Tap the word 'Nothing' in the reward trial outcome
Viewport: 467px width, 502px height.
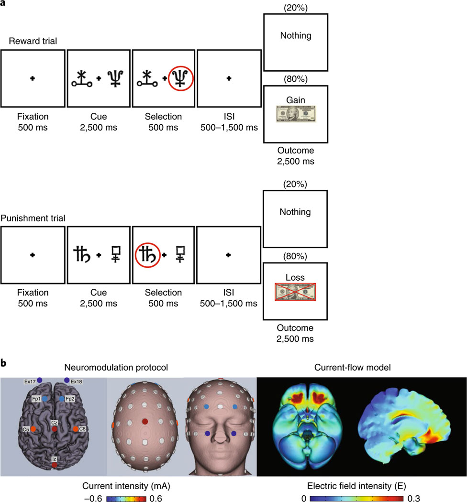point(295,35)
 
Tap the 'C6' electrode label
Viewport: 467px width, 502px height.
point(82,429)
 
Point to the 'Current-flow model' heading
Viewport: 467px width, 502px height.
point(362,368)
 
